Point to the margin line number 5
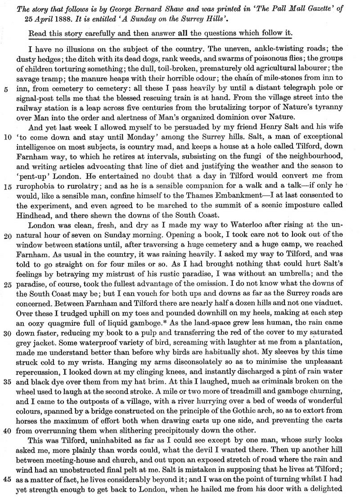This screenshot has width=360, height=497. (5, 76)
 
